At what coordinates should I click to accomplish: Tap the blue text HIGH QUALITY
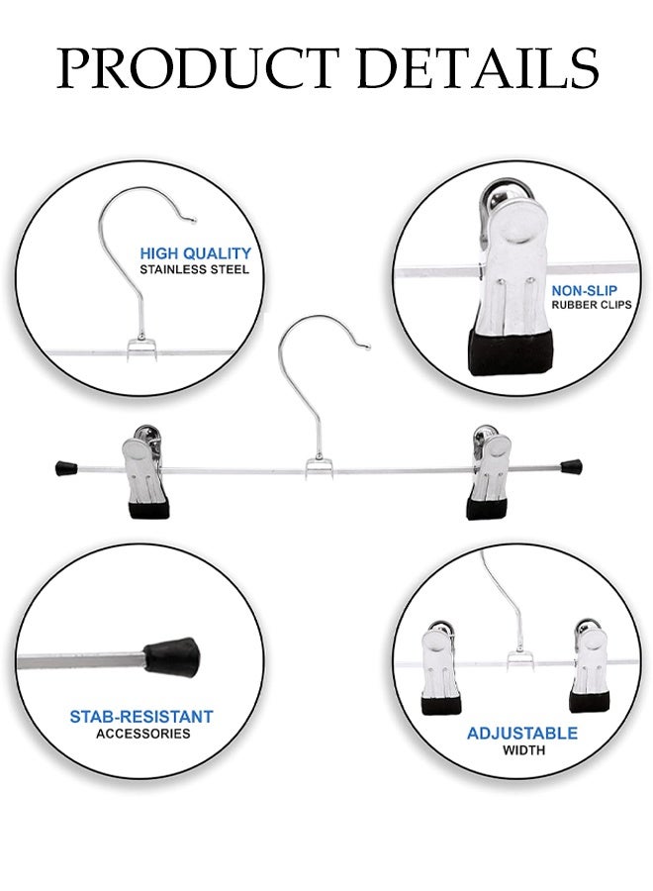pos(195,253)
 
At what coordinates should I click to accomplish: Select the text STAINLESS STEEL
pos(195,269)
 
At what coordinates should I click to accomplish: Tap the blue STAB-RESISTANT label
pos(140,716)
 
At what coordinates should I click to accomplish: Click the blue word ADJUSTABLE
pos(521,734)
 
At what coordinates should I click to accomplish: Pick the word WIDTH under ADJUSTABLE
pos(522,750)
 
